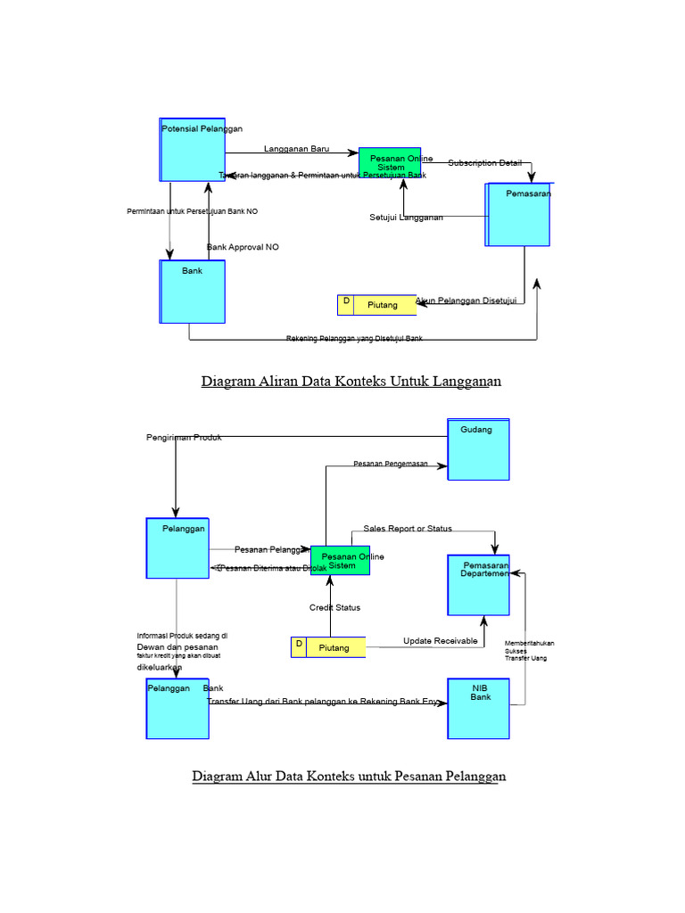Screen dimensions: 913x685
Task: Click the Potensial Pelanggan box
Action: (193, 150)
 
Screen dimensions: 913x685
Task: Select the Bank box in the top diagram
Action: (193, 292)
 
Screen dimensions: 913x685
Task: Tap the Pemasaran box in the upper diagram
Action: (519, 214)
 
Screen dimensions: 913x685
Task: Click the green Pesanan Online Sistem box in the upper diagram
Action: (390, 163)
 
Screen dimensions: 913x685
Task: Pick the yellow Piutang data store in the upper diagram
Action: (377, 305)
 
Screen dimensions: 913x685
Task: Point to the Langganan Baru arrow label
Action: (297, 149)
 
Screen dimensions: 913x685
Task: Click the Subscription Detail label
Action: (484, 163)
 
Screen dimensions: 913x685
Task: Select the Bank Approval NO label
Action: (243, 247)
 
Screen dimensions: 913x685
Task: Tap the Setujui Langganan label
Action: (406, 218)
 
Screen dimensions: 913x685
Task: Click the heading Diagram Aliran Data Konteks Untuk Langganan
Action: (351, 382)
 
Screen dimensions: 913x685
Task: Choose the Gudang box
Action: (478, 449)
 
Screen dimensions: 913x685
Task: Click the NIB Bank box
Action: (479, 709)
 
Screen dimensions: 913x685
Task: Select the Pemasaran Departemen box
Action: (479, 585)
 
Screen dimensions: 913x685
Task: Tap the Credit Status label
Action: (334, 607)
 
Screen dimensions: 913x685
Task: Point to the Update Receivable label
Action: (440, 641)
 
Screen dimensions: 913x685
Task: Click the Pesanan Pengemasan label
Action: (391, 464)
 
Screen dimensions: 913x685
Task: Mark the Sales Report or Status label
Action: (408, 529)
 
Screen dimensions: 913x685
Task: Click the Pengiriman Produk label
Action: (184, 438)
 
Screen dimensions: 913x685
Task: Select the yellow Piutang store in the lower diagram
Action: (328, 647)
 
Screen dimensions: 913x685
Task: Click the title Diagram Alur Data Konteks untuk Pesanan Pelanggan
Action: (349, 777)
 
